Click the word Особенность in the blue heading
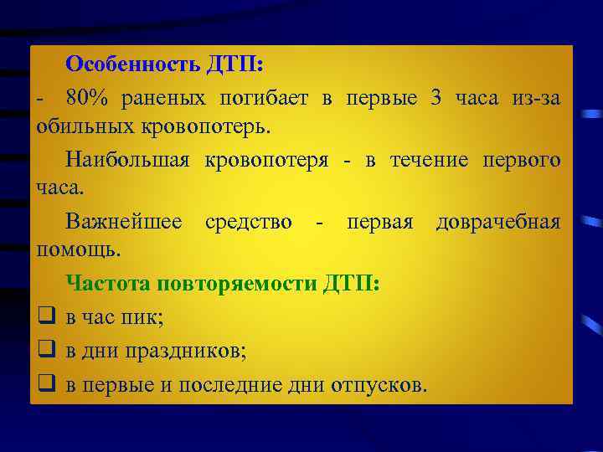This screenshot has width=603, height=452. click(x=131, y=64)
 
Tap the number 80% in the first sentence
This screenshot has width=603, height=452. click(x=88, y=98)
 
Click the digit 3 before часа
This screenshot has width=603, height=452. click(x=435, y=98)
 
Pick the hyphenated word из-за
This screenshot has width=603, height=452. click(x=536, y=98)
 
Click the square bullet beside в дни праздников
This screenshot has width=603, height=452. click(x=46, y=351)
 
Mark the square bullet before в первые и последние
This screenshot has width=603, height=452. click(x=46, y=384)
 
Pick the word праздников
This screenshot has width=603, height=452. click(x=185, y=351)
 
